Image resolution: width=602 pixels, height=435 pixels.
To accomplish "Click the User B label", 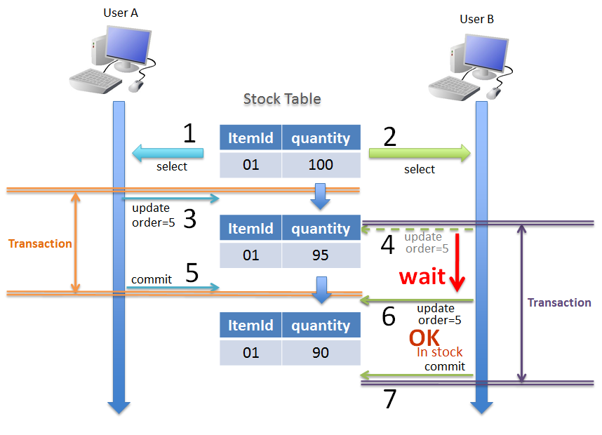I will click(477, 19).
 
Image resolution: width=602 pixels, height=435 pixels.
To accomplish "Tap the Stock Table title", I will click(282, 99).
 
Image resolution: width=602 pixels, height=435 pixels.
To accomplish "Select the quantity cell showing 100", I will click(321, 165).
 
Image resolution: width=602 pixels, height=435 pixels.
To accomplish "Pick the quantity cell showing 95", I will click(321, 255).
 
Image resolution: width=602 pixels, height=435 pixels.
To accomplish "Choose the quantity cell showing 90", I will click(321, 352).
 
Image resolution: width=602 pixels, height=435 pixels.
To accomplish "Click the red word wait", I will click(422, 276).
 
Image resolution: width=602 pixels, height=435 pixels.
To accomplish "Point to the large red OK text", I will click(424, 337).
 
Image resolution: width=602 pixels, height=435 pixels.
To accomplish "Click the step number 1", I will click(189, 133).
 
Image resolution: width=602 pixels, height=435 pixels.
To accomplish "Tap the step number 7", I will click(390, 399).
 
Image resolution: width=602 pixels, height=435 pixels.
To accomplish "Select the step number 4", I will click(388, 245).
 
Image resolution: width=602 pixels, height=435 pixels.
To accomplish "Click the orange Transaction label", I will click(40, 243).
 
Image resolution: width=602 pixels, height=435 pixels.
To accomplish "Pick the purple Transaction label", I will click(559, 302).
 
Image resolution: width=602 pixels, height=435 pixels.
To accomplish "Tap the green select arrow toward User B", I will click(420, 154).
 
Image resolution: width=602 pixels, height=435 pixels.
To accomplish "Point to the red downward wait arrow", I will click(457, 263).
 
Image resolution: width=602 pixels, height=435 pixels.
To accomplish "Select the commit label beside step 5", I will click(151, 279).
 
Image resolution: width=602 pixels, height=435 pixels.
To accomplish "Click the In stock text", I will click(440, 352).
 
